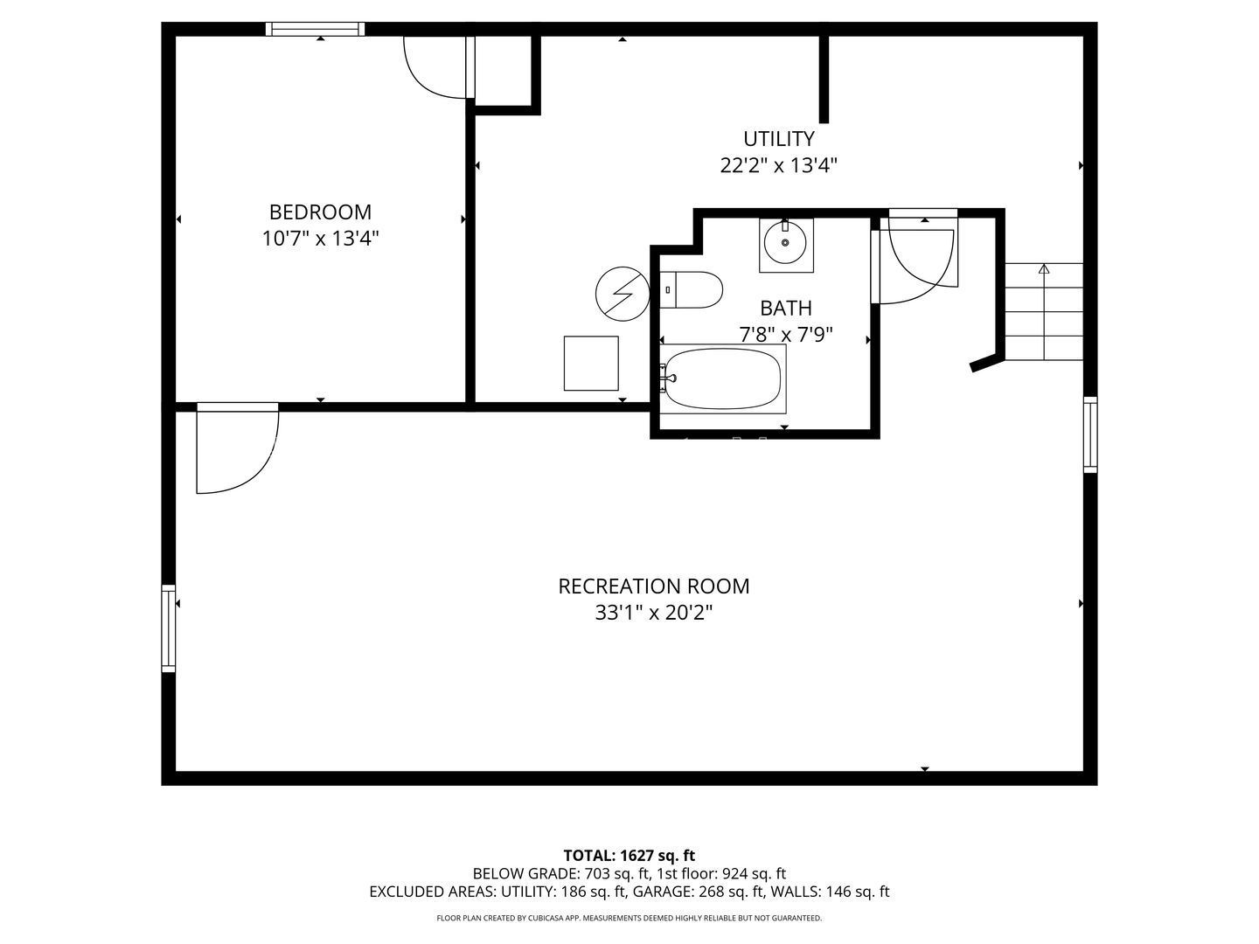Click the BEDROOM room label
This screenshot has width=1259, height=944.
[x=320, y=212]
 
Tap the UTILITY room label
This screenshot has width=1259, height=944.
[x=778, y=139]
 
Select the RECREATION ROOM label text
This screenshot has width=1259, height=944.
[x=653, y=587]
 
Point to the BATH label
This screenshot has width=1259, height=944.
[x=786, y=309]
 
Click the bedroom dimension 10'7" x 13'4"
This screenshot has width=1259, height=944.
[x=320, y=238]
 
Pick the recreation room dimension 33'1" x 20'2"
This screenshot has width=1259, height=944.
[x=653, y=613]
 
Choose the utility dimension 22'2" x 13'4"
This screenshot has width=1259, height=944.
[x=778, y=166]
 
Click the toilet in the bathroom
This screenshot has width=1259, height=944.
[x=691, y=290]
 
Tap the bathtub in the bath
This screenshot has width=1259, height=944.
[x=723, y=378]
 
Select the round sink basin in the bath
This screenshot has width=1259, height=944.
[x=785, y=242]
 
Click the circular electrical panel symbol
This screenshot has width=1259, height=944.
[x=623, y=294]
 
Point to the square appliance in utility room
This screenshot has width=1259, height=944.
[x=591, y=364]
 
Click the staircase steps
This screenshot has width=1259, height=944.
[x=1044, y=312]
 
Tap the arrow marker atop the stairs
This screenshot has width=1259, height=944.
[x=1044, y=268]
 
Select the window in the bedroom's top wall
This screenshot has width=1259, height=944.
[x=315, y=29]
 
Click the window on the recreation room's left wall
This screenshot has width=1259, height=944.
[x=168, y=628]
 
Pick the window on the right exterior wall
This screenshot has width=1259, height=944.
[x=1090, y=435]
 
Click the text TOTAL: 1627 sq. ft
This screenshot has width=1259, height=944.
[x=629, y=856]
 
